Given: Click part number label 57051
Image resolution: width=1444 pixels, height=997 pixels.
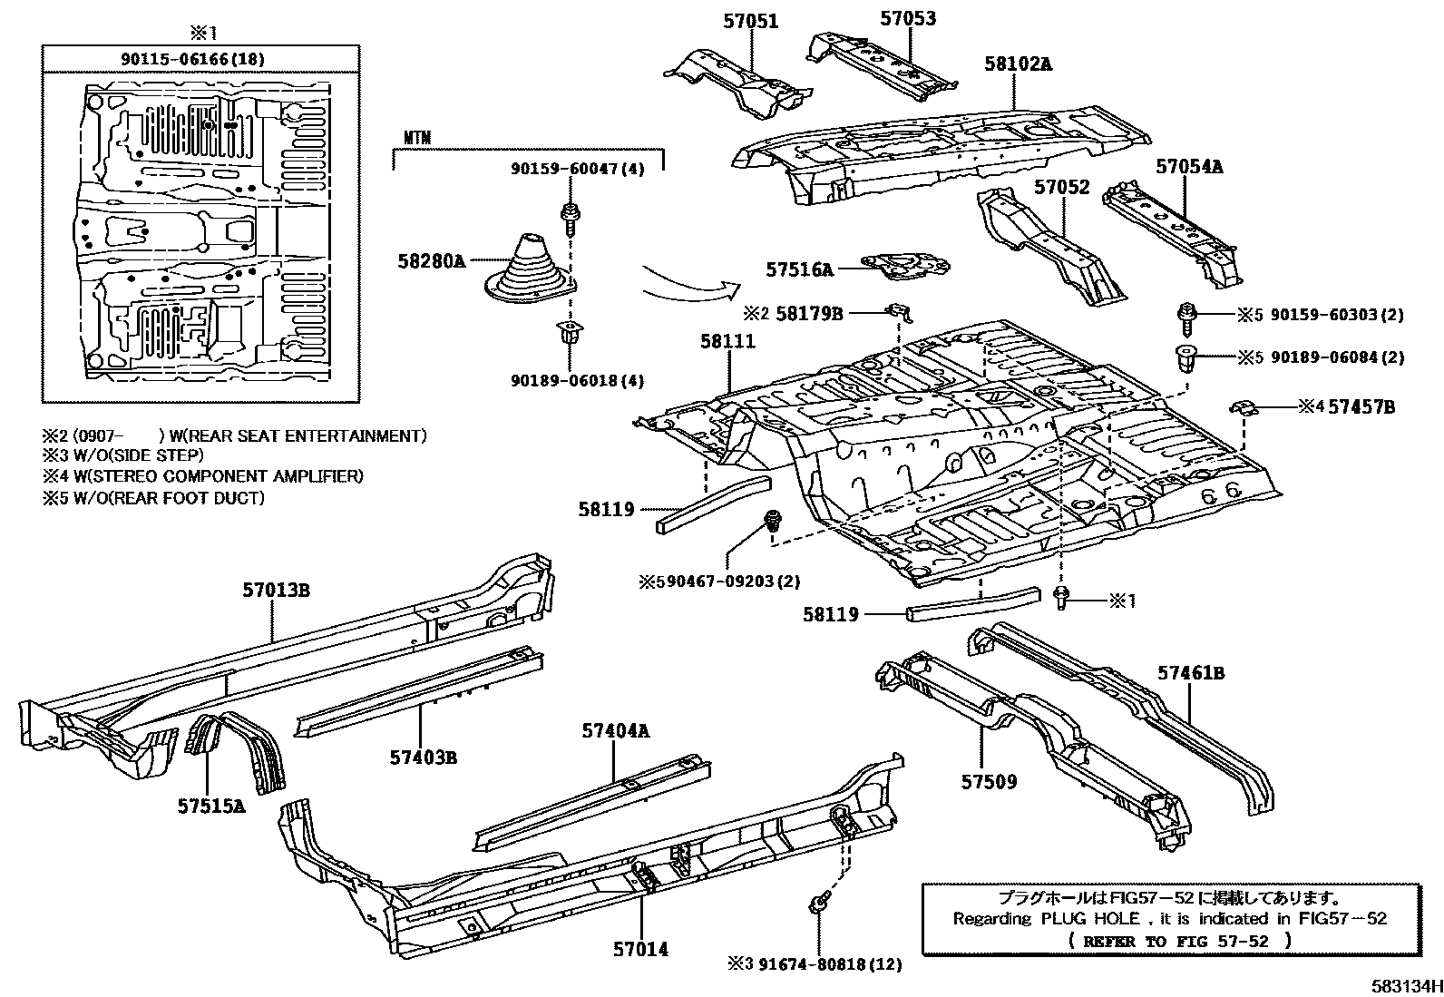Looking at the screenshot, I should (x=750, y=20).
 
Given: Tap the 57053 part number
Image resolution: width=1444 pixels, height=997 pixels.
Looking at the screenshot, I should (x=908, y=18).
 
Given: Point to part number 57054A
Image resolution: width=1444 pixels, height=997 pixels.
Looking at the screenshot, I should (x=1189, y=166).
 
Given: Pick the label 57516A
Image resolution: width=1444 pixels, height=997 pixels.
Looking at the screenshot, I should (x=798, y=269).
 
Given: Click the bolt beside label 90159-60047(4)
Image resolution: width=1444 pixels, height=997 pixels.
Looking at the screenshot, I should (x=571, y=216).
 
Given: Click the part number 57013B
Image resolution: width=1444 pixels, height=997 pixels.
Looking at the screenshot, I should (x=276, y=590).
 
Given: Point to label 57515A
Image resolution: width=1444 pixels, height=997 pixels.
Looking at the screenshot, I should (x=211, y=805).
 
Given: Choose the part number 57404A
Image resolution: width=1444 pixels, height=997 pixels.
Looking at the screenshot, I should (x=616, y=730).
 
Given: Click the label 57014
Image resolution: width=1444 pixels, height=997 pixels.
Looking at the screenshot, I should (x=640, y=949).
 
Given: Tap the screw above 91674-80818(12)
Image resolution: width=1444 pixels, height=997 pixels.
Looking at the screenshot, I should (x=817, y=903).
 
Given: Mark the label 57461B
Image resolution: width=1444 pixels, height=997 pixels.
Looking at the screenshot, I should (x=1191, y=673).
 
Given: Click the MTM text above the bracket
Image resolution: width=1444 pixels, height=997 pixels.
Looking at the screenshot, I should (x=417, y=138).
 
